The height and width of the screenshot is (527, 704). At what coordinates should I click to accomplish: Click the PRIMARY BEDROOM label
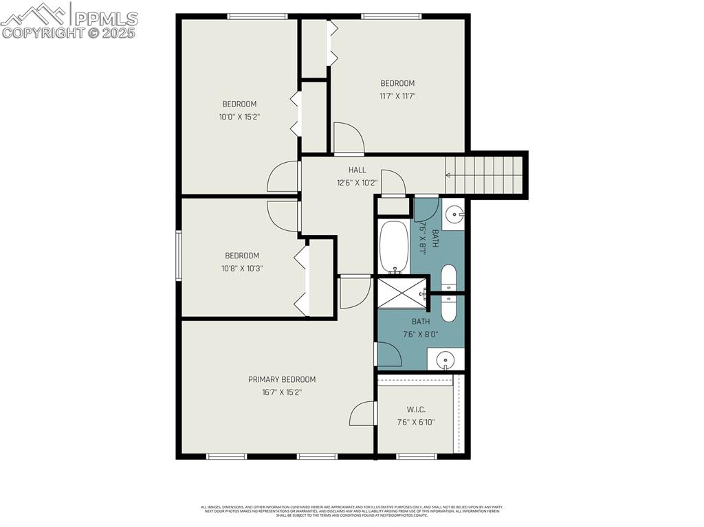[282, 379]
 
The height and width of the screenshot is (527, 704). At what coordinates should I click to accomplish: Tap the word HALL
[357, 170]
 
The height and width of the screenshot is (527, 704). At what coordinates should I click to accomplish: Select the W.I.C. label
[416, 410]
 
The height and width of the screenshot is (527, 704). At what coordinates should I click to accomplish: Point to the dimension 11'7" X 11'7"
[397, 96]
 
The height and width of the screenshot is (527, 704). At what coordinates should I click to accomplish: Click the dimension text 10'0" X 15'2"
[239, 117]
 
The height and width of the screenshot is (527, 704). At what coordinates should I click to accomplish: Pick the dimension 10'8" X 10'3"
[241, 269]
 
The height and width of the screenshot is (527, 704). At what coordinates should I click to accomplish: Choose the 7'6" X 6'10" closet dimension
[416, 423]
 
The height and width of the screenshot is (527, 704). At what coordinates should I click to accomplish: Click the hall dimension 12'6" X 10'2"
[357, 183]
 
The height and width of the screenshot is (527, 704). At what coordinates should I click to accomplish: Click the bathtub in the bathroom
[394, 246]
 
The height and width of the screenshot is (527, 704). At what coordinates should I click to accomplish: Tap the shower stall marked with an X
[402, 291]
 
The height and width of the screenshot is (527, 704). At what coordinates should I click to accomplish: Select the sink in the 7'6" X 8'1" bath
[453, 214]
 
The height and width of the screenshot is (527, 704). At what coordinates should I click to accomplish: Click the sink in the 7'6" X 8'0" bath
[445, 359]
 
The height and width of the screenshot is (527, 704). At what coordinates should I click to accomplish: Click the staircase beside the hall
[485, 175]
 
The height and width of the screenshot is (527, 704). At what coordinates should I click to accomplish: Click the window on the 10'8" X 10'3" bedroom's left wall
[179, 256]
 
